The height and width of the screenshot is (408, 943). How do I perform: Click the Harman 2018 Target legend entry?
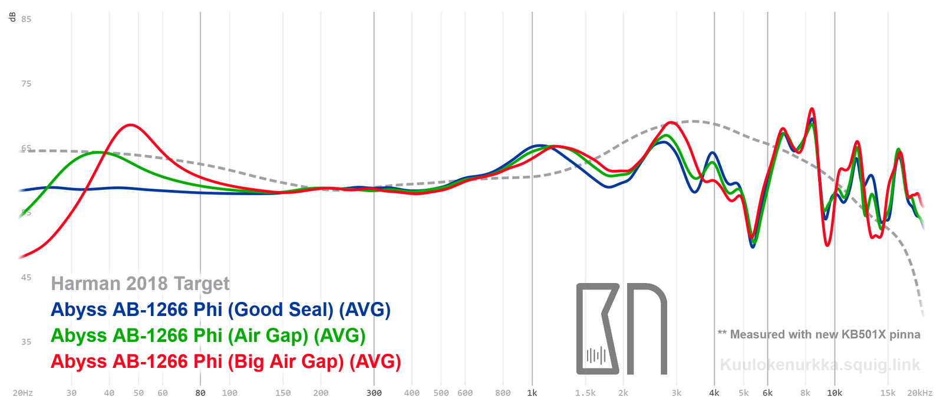pos(140,284)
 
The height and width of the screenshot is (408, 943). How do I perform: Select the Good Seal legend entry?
pos(220,310)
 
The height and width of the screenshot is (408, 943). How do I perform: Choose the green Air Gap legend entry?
pos(208,335)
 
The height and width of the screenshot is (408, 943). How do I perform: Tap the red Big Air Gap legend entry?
pos(226,361)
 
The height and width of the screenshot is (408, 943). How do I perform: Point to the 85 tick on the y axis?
pos(27,19)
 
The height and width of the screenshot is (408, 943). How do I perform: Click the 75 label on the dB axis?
pos(27,84)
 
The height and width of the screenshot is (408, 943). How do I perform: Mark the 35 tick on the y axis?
pos(27,342)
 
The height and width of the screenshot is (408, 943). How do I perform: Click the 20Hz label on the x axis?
pos(23,393)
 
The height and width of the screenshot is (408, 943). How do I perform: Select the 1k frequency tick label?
pos(532,393)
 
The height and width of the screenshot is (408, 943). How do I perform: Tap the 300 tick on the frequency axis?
pos(374,393)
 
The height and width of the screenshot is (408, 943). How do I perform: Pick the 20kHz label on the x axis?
pos(920,393)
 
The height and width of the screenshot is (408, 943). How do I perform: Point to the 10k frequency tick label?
pos(835,393)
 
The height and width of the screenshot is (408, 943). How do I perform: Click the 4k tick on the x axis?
pos(714,393)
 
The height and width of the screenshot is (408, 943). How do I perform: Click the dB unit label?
pos(12,17)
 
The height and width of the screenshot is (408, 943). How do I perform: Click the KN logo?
pos(621,328)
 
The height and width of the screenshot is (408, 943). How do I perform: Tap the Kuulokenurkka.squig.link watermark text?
pos(820,365)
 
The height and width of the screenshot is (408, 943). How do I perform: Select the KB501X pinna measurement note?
pos(819,334)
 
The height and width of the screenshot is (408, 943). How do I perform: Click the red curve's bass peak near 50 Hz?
pos(130,125)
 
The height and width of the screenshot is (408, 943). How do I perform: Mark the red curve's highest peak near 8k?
pos(812,109)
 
